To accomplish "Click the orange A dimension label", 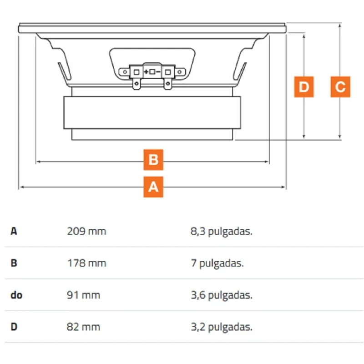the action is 153,187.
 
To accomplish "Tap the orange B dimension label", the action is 153,160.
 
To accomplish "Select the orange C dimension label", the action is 340,86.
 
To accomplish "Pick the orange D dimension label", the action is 304,86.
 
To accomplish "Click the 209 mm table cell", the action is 86,231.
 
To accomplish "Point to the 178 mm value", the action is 86,263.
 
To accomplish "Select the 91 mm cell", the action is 84,295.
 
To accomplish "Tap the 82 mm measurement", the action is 84,327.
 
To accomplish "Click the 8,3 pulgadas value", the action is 222,232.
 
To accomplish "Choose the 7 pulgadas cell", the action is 217,263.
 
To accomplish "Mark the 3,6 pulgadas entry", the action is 222,295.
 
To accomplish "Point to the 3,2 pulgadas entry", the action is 222,327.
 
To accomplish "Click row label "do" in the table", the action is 16,295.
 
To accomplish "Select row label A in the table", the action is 14,231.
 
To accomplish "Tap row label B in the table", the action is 14,263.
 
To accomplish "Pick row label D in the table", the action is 14,327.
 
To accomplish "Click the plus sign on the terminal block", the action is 146,72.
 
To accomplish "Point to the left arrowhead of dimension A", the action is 21,187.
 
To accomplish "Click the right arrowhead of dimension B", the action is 267,162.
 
